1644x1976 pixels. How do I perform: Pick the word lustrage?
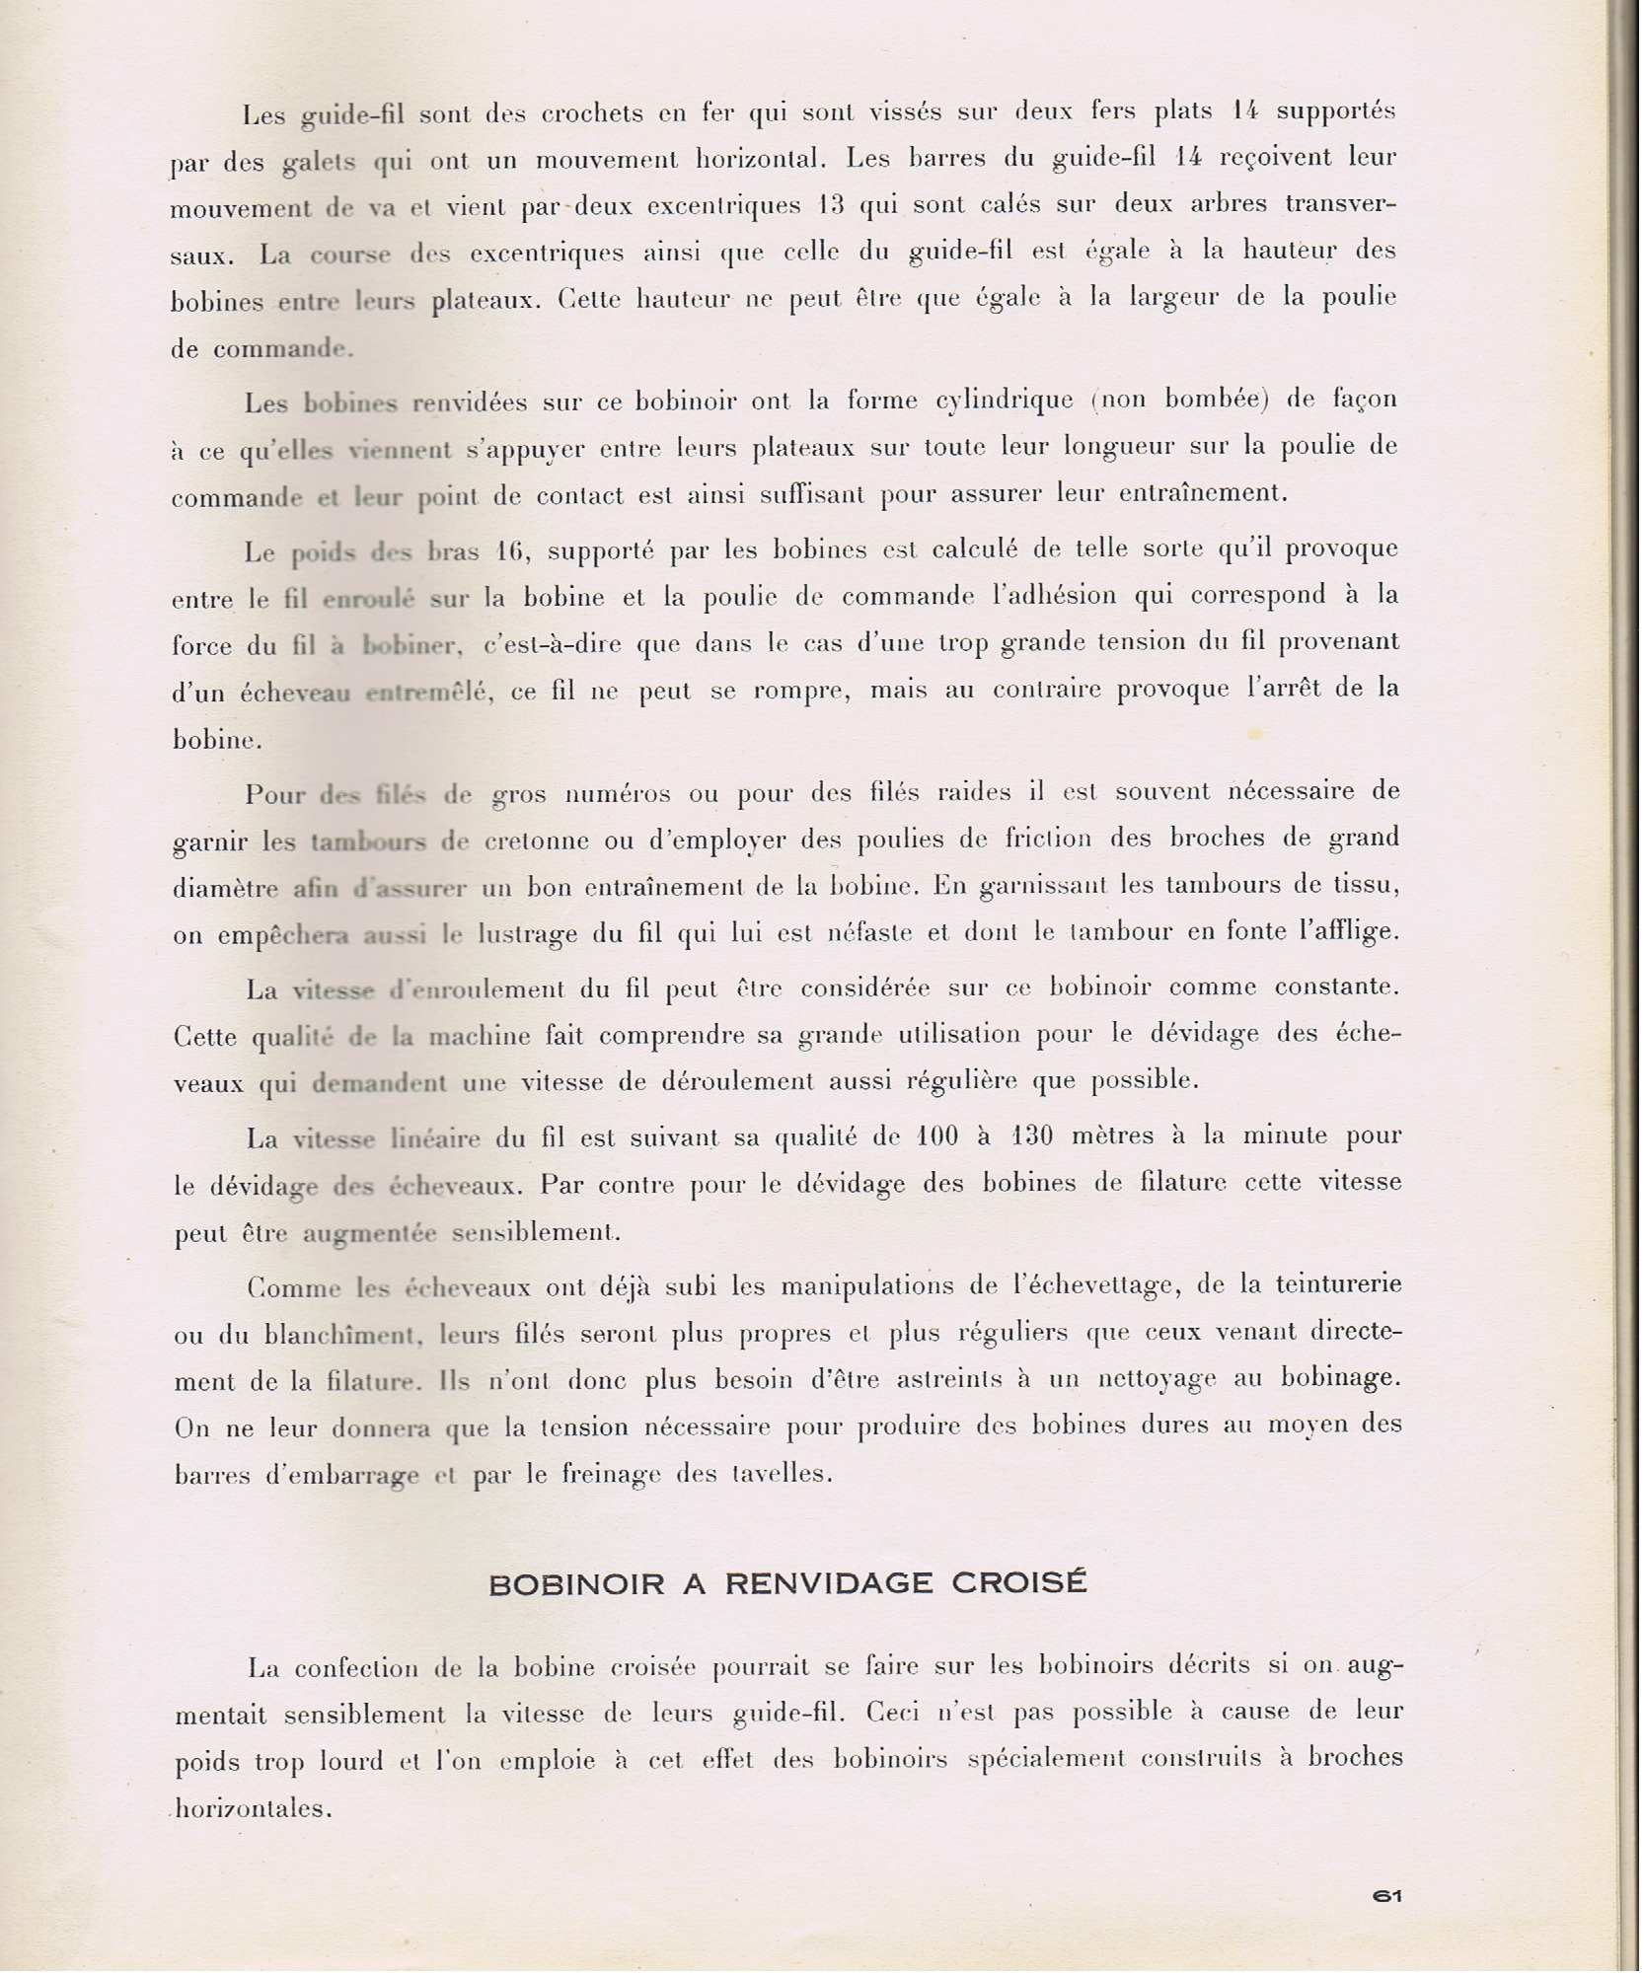[x=527, y=933]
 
